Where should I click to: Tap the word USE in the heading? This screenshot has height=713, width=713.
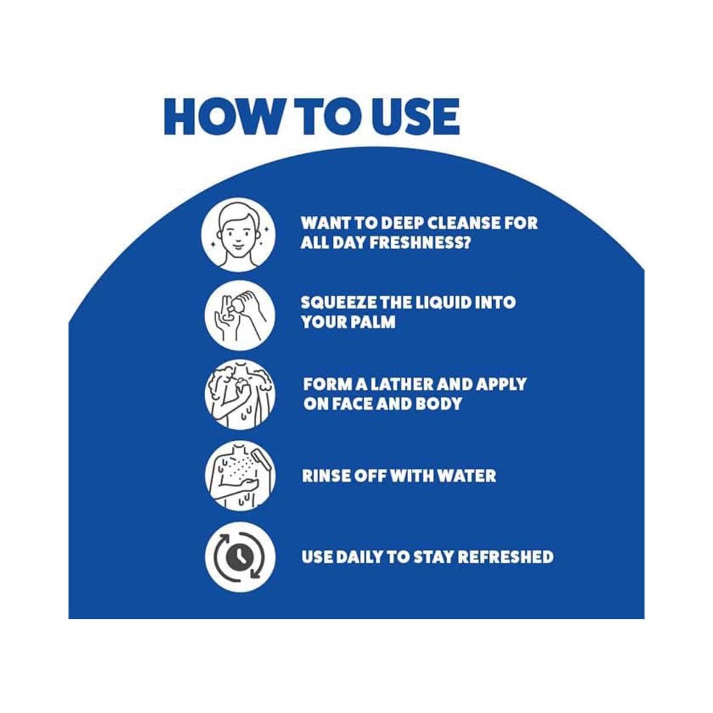coord(416,117)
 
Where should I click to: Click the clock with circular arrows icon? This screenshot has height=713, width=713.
coord(240,557)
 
